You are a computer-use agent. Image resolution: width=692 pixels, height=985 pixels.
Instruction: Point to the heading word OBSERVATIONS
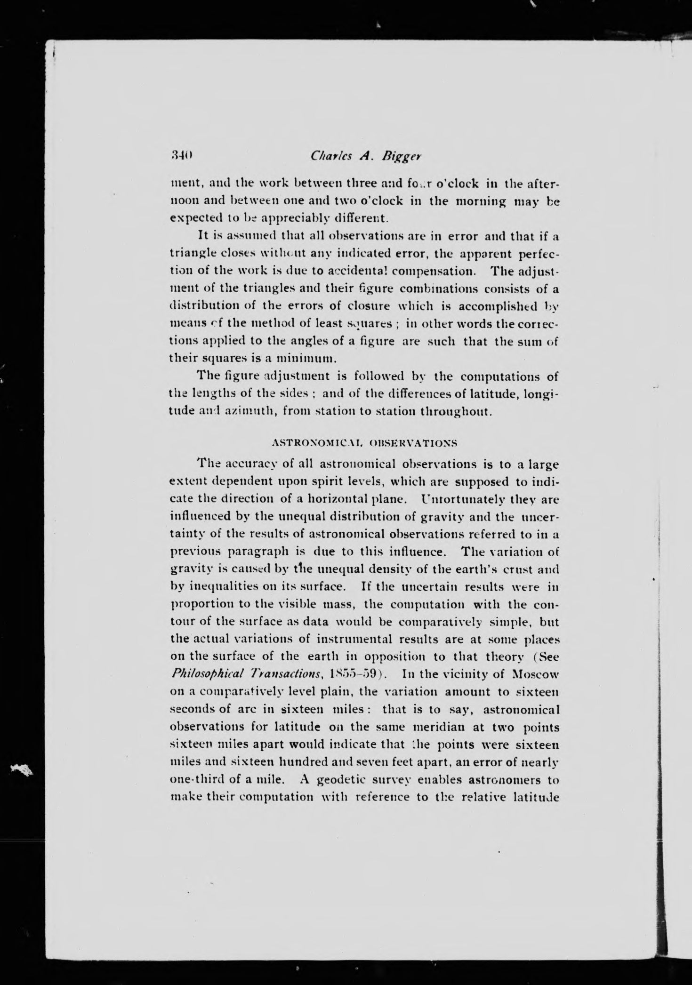coord(414,443)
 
